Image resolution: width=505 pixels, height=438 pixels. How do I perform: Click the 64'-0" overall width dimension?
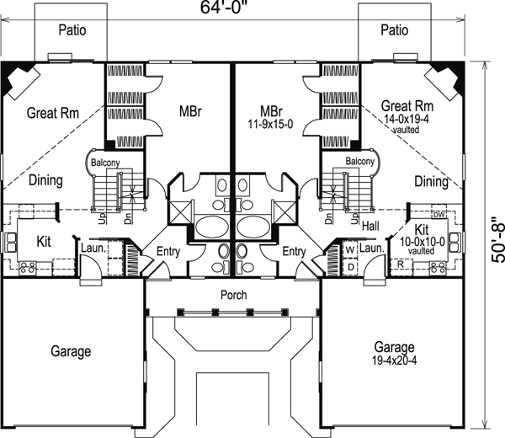(225, 7)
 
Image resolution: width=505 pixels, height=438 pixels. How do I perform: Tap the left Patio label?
(72, 30)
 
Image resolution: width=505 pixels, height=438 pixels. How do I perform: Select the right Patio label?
(395, 30)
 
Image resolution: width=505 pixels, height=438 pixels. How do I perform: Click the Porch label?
(234, 295)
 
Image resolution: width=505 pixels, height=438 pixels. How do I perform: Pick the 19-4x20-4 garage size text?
(395, 361)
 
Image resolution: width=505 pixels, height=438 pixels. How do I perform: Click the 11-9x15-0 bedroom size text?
(270, 124)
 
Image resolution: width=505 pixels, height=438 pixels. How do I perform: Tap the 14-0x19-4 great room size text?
(407, 119)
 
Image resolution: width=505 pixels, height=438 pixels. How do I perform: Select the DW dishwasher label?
(439, 215)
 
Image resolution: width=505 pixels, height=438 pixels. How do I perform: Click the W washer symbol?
(350, 250)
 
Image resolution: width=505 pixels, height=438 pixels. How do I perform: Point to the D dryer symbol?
(351, 267)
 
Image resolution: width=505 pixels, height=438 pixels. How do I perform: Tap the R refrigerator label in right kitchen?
(401, 264)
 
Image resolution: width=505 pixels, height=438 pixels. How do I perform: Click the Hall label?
(370, 226)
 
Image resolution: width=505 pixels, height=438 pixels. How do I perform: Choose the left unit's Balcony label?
(105, 163)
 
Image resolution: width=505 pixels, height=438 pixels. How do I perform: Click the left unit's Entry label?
(168, 251)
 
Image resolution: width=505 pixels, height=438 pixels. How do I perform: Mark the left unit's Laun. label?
(93, 248)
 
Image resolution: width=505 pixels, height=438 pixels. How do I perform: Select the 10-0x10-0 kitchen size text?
(423, 242)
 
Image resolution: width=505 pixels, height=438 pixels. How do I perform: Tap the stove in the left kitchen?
(28, 268)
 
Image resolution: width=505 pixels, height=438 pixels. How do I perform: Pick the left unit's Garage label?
(71, 351)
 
